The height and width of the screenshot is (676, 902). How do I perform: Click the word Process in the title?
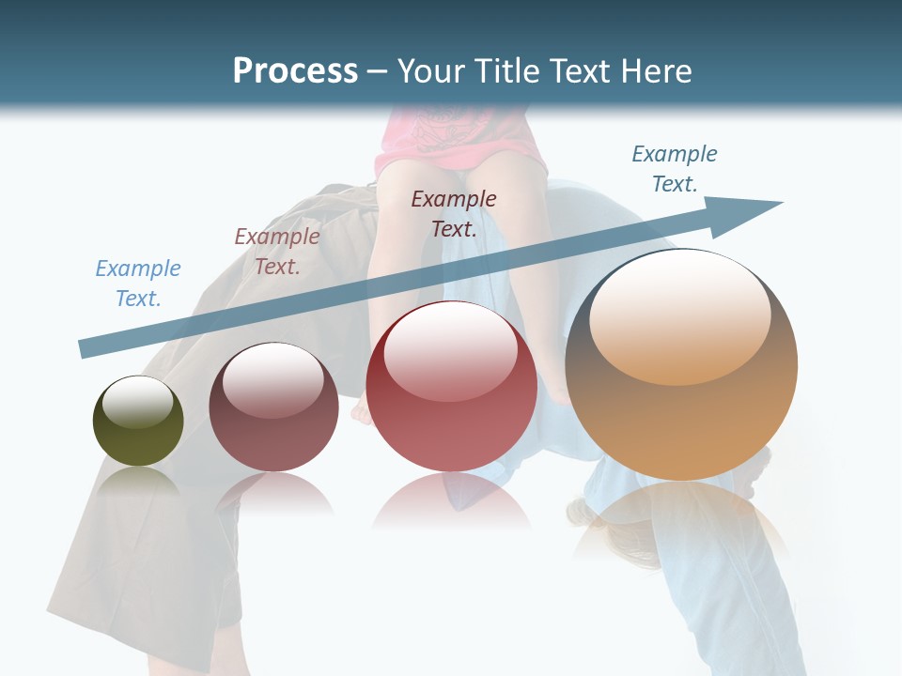[x=295, y=70]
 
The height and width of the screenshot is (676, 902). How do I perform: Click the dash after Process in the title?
[x=378, y=71]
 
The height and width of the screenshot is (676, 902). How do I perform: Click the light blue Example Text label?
[x=138, y=284]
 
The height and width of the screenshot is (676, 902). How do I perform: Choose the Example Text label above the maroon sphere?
[x=277, y=252]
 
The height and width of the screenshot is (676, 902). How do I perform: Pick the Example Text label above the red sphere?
[x=454, y=213]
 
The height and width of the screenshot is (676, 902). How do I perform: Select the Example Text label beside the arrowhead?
[x=675, y=169]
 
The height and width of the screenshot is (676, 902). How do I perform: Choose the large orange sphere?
[x=681, y=413]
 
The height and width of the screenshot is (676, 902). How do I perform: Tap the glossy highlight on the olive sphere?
[x=138, y=403]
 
